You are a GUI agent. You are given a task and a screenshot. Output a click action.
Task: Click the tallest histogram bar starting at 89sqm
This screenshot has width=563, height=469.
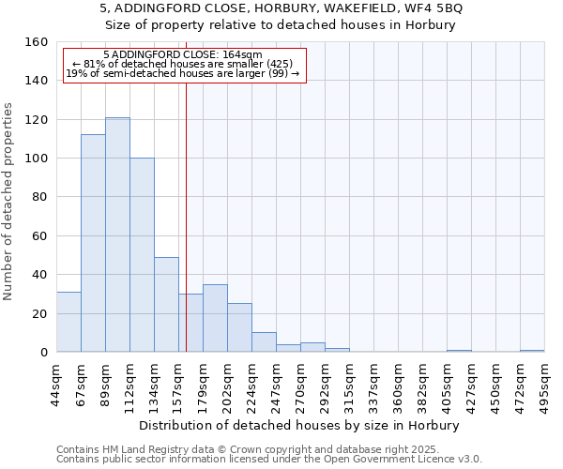[x=117, y=234]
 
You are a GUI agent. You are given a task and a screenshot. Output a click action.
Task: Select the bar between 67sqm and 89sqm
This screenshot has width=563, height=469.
[x=93, y=243]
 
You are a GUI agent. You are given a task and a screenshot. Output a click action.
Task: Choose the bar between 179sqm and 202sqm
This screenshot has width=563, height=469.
[x=215, y=318]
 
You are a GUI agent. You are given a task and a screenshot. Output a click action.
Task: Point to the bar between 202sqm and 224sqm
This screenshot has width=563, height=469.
[x=239, y=327]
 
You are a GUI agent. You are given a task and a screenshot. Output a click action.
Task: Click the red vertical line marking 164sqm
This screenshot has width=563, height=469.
[x=186, y=206]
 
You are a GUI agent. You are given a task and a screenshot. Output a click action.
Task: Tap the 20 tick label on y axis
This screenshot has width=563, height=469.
[x=39, y=313]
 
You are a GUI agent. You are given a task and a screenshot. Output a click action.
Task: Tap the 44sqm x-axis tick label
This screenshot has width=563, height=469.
[x=56, y=384]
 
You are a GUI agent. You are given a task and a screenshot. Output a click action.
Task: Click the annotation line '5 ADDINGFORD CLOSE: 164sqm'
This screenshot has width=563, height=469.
[x=183, y=54]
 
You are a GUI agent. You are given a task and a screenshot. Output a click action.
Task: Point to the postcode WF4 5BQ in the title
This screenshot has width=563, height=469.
[x=437, y=8]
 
